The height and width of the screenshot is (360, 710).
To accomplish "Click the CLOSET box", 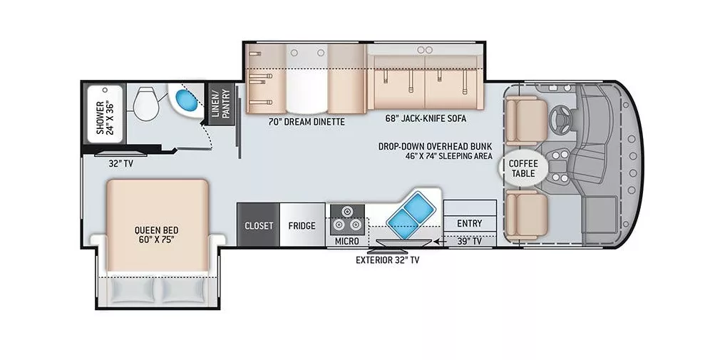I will pyautogui.click(x=259, y=226).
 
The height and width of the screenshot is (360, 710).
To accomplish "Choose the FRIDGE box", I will pyautogui.click(x=302, y=226).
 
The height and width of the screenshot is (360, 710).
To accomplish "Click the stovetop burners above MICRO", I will pyautogui.click(x=346, y=218).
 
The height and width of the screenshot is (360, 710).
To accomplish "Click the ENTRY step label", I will pyautogui.click(x=469, y=223).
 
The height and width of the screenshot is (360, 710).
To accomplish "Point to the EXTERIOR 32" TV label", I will pyautogui.click(x=388, y=260).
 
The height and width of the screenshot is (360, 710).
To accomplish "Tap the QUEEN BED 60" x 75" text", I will pyautogui.click(x=155, y=235).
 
